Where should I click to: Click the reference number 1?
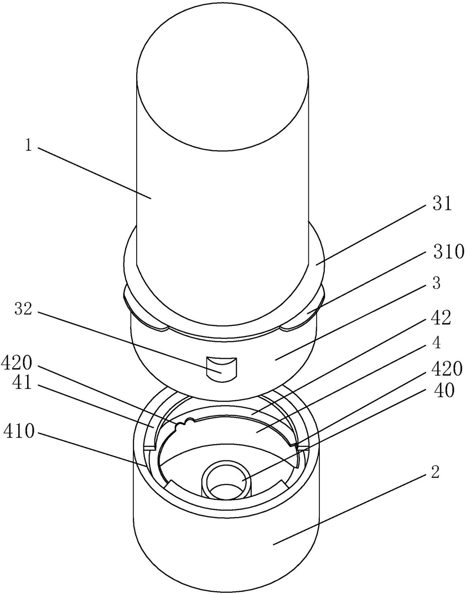28,145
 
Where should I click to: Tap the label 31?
442,204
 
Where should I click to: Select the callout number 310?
448,251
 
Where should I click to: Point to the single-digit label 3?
437,283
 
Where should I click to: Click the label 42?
441,318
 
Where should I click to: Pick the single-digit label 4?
437,343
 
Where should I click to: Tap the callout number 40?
443,391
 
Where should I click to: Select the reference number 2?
436,472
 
